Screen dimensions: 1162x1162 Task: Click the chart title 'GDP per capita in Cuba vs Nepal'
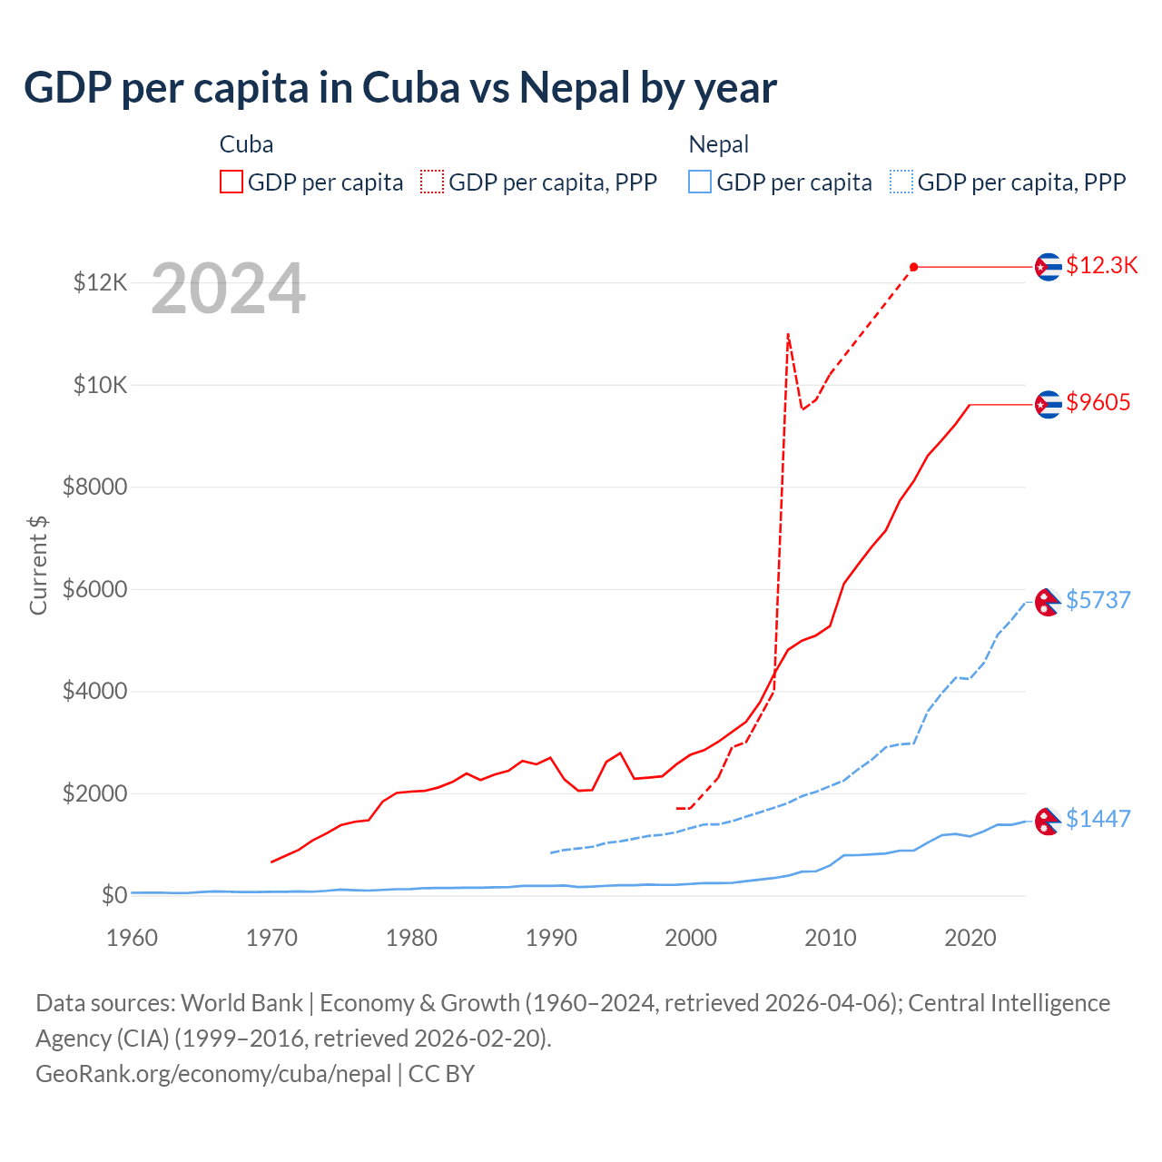399,88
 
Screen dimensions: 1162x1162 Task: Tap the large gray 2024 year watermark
228,290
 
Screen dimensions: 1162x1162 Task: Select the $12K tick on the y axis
100,283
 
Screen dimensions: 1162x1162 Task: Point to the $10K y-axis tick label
100,385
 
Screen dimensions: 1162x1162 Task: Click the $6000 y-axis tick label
94,589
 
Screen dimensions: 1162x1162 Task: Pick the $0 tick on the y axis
113,895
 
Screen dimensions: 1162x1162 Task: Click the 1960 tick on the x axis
133,938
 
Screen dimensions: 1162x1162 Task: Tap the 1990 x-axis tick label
551,938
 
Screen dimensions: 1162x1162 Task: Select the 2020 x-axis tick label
970,938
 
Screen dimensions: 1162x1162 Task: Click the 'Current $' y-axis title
38,565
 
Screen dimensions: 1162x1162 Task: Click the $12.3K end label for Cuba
1101,265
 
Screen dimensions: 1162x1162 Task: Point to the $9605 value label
1098,402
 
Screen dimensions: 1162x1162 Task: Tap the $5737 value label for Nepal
1098,600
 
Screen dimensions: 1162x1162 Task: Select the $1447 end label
1098,819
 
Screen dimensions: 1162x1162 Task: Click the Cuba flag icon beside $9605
1049,404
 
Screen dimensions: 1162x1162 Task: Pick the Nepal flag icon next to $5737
1049,601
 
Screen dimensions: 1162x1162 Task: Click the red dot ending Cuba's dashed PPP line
913,267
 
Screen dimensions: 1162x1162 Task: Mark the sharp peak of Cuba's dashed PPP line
788,334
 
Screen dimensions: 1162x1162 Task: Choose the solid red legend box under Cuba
231,182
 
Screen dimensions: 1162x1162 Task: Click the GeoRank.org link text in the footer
213,1074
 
